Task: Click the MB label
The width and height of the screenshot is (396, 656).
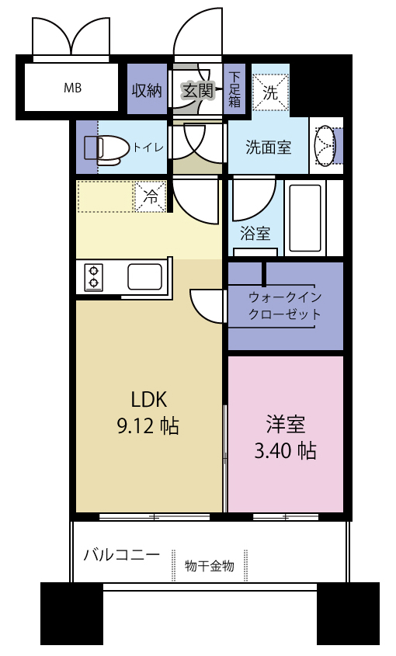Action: coord(72,87)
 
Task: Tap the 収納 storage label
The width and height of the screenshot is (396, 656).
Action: coord(145,89)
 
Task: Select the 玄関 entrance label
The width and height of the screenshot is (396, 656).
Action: coord(197,89)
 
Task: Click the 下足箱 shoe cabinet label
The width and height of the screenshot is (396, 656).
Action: coord(234,89)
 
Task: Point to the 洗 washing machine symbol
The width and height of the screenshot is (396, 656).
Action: coord(269,91)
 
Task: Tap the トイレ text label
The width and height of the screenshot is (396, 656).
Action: coord(148,147)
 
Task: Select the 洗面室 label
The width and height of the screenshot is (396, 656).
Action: coord(268,147)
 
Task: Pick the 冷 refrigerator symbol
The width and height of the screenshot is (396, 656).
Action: coord(151,196)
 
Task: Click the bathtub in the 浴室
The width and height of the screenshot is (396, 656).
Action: coord(305,218)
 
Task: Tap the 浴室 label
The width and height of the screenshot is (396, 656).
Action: coord(255,232)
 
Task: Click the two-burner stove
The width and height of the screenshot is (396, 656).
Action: coord(93,277)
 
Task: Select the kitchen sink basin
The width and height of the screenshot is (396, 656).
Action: coord(144,276)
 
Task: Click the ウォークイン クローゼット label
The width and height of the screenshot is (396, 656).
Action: coord(284,306)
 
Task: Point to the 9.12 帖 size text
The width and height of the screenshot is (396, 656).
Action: coord(147,425)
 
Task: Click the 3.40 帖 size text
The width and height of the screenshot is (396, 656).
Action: coord(285,450)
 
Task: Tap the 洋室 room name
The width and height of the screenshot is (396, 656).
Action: coord(285,425)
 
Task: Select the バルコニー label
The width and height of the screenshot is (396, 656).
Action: coord(121,555)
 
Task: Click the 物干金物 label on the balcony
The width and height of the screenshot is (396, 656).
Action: coord(209,567)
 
